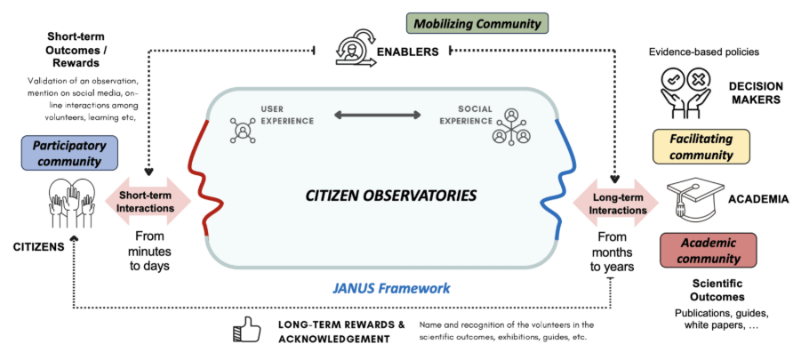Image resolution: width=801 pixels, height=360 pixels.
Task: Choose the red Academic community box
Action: click(x=708, y=250)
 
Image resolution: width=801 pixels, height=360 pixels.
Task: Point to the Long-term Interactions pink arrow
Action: click(x=616, y=201)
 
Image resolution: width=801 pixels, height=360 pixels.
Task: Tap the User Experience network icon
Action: click(x=243, y=130)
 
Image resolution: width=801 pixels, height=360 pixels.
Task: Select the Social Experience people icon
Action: click(x=512, y=126)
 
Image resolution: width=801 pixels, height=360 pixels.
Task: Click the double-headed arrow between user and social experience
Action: click(x=377, y=115)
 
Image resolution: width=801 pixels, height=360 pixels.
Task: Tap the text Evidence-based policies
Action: click(x=703, y=52)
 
